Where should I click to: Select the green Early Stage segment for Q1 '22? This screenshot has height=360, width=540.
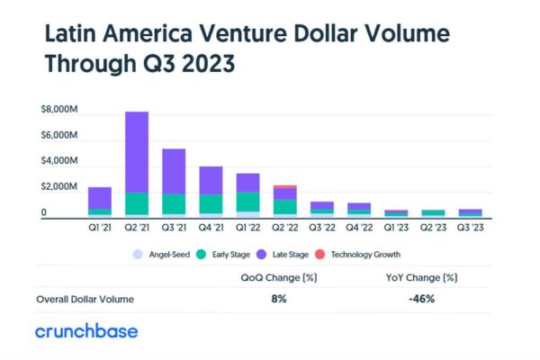coord(247,201)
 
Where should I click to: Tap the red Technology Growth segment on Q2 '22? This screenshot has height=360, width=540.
coord(284,186)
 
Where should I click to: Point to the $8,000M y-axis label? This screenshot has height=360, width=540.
coord(58,110)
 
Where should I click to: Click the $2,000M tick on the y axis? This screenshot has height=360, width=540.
coord(58,186)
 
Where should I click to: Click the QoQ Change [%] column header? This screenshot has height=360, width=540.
coord(278,278)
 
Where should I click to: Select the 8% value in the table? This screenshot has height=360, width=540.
coord(278,298)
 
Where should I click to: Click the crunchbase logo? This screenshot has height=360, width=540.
coord(86,331)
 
